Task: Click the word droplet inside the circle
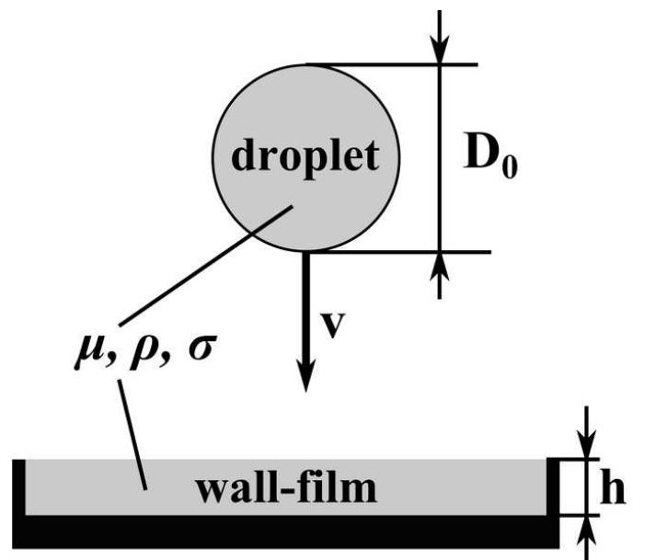pyautogui.click(x=304, y=157)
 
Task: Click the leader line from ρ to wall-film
pyautogui.click(x=129, y=423)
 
